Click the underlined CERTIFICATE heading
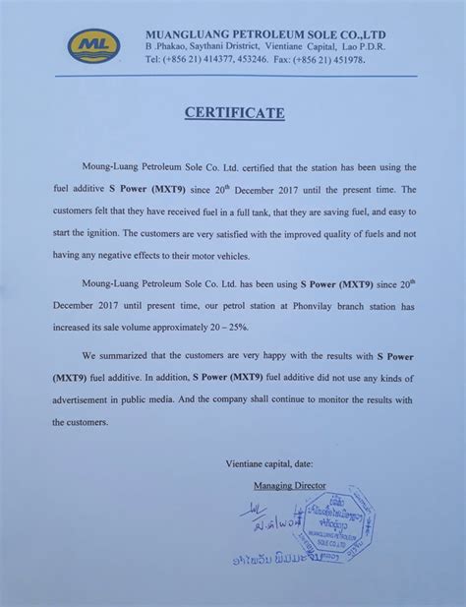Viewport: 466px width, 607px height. [233, 113]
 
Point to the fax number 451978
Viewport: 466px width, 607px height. [353, 60]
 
